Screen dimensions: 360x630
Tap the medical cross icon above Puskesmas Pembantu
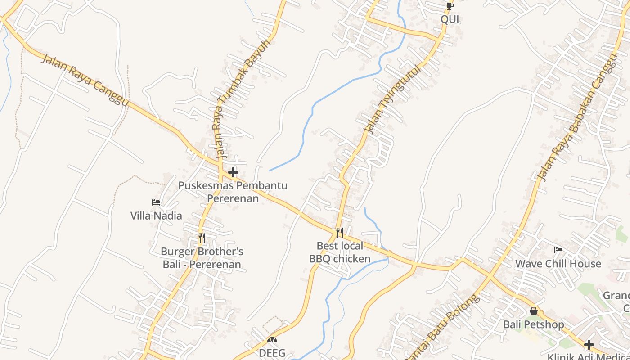tap(233, 172)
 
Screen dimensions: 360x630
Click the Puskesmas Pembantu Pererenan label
tap(233, 192)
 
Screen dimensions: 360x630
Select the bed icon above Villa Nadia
tap(156, 202)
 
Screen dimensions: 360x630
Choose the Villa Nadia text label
tap(156, 216)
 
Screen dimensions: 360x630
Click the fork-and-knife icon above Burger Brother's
tap(202, 238)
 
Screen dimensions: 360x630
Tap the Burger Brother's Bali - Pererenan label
tap(202, 258)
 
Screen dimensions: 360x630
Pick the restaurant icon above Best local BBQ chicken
tap(340, 233)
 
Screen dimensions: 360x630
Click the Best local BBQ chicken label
tap(340, 252)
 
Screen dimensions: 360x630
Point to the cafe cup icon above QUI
tap(450, 6)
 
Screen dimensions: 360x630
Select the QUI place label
tap(450, 19)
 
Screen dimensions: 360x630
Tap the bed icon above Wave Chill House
tap(558, 250)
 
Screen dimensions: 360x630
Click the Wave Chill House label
tap(558, 264)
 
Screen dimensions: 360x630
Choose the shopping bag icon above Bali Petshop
tap(533, 311)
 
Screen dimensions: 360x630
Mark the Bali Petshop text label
tap(533, 324)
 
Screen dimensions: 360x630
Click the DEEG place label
tap(272, 353)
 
